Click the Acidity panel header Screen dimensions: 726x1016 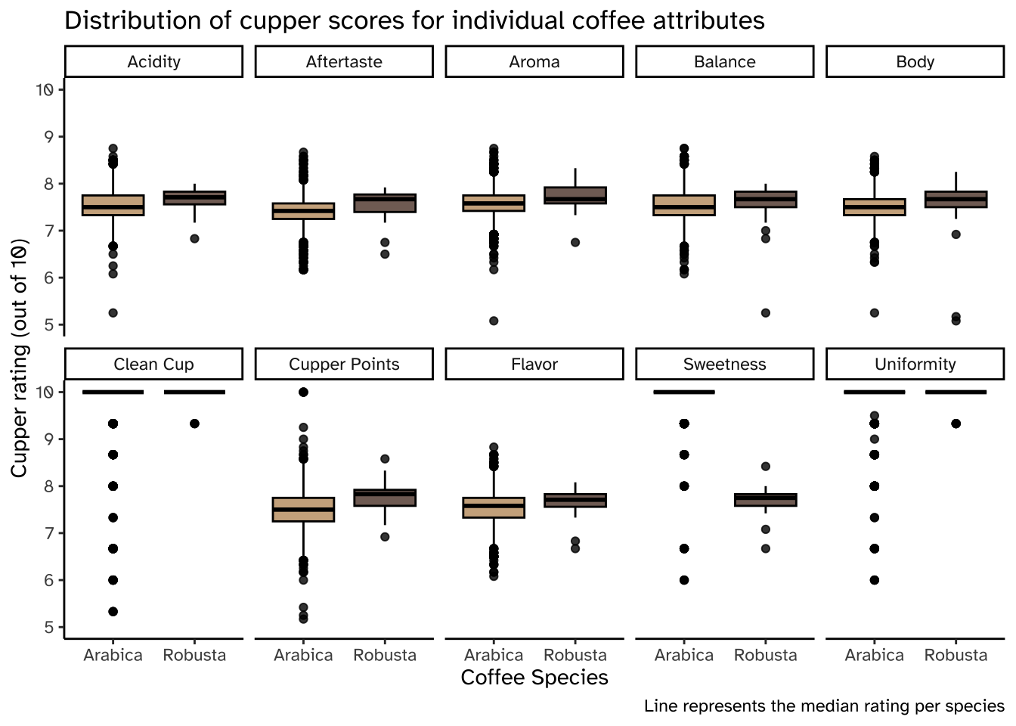pos(153,62)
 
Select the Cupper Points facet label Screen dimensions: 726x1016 pos(344,365)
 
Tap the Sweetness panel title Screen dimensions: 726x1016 pos(724,365)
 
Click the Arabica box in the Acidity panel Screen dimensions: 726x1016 pos(113,205)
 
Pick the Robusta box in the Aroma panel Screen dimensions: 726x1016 pos(575,195)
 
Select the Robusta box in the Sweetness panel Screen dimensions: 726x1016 pos(765,499)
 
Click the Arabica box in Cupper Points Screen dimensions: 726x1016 pos(303,509)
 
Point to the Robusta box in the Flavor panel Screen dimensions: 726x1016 pos(575,500)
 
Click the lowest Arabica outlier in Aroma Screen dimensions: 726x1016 pos(494,321)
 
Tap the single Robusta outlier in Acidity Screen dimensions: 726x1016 pos(194,238)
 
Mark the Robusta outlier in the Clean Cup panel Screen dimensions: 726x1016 pos(194,423)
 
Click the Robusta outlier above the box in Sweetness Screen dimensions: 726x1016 pos(765,467)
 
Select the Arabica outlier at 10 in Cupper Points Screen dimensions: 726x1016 pos(303,392)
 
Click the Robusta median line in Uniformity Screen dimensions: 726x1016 pos(956,392)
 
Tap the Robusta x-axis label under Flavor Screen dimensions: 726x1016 pos(575,655)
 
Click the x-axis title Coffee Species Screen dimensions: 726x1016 pos(534,678)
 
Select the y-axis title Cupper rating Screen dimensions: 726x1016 pos(20,358)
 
